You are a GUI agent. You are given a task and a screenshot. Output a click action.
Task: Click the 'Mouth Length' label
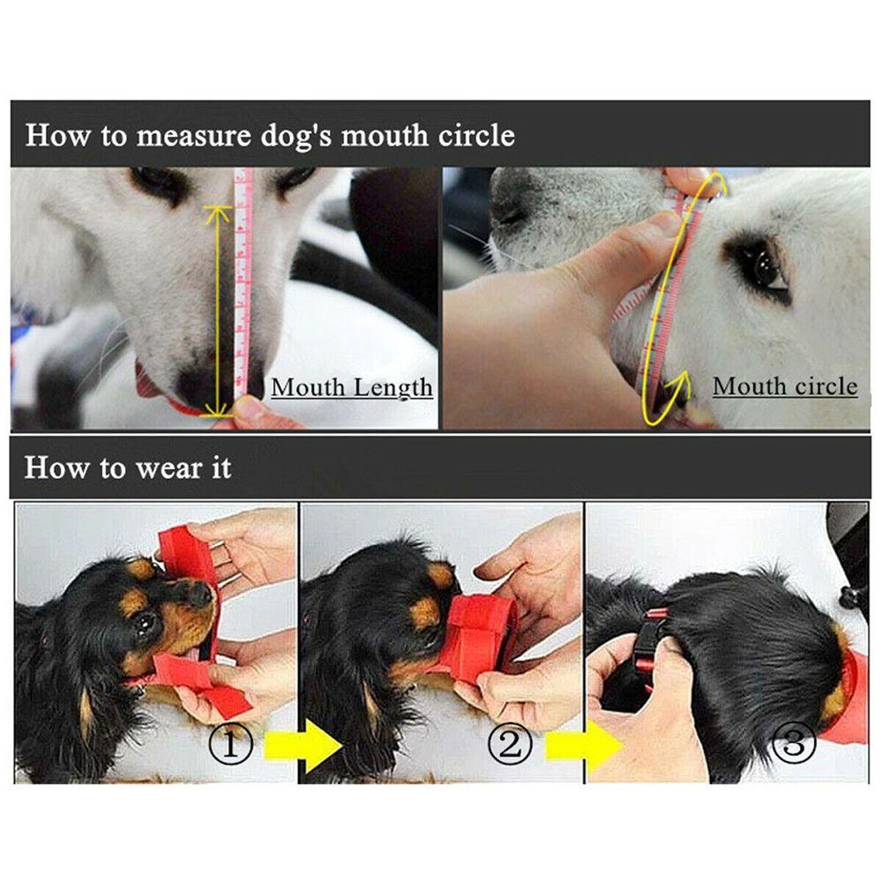pos(352,388)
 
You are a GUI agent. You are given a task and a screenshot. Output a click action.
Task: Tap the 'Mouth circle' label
pos(785,386)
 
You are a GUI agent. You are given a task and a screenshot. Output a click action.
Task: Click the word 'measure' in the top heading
pos(193,136)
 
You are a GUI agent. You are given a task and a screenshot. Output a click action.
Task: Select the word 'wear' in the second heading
pos(168,468)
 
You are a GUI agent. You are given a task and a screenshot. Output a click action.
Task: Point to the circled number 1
pos(230,744)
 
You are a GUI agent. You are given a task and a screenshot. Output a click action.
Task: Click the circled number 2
pos(510,744)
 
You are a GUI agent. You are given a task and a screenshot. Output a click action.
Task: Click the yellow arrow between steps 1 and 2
pos(303,746)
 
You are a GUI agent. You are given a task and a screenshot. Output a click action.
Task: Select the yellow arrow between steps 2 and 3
pos(585,746)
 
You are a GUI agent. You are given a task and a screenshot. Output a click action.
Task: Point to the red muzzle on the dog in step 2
pos(478,636)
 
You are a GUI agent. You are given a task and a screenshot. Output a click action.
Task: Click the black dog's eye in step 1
pos(146,620)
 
